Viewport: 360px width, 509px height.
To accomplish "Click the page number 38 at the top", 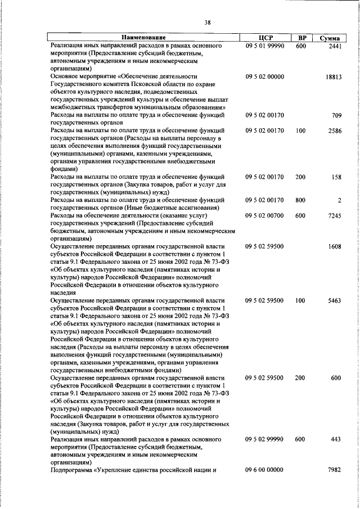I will (x=208, y=22).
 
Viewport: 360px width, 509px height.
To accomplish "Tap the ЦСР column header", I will (x=264, y=37).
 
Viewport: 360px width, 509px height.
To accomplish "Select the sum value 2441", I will (x=334, y=46).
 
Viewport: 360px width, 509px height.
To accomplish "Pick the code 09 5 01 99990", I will (x=264, y=46).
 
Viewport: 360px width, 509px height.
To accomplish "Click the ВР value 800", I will (x=300, y=200).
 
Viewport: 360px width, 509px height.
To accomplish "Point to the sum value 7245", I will (x=334, y=215).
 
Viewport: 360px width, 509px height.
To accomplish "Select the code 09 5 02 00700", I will (x=264, y=215).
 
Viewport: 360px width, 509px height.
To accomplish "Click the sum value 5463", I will (x=334, y=301).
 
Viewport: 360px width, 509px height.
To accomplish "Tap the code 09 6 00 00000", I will (x=264, y=470).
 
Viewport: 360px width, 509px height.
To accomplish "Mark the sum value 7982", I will (x=334, y=470).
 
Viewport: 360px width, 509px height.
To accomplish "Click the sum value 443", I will (x=336, y=439).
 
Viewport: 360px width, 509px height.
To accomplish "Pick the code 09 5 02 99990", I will (x=264, y=439).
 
